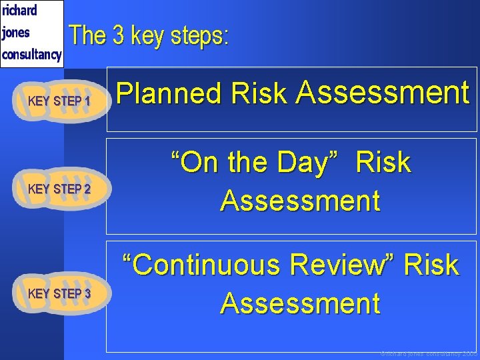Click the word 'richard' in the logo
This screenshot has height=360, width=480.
point(19,10)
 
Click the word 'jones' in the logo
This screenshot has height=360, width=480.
point(16,32)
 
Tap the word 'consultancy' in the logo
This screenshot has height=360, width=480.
point(31,54)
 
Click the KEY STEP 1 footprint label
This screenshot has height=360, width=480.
point(59,101)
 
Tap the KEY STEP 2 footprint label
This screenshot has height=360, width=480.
point(59,189)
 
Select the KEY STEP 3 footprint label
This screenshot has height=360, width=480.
point(59,293)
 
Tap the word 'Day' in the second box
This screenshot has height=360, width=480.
point(311,162)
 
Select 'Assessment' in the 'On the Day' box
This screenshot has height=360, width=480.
point(300,200)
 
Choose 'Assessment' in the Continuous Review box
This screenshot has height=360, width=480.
point(300,303)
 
